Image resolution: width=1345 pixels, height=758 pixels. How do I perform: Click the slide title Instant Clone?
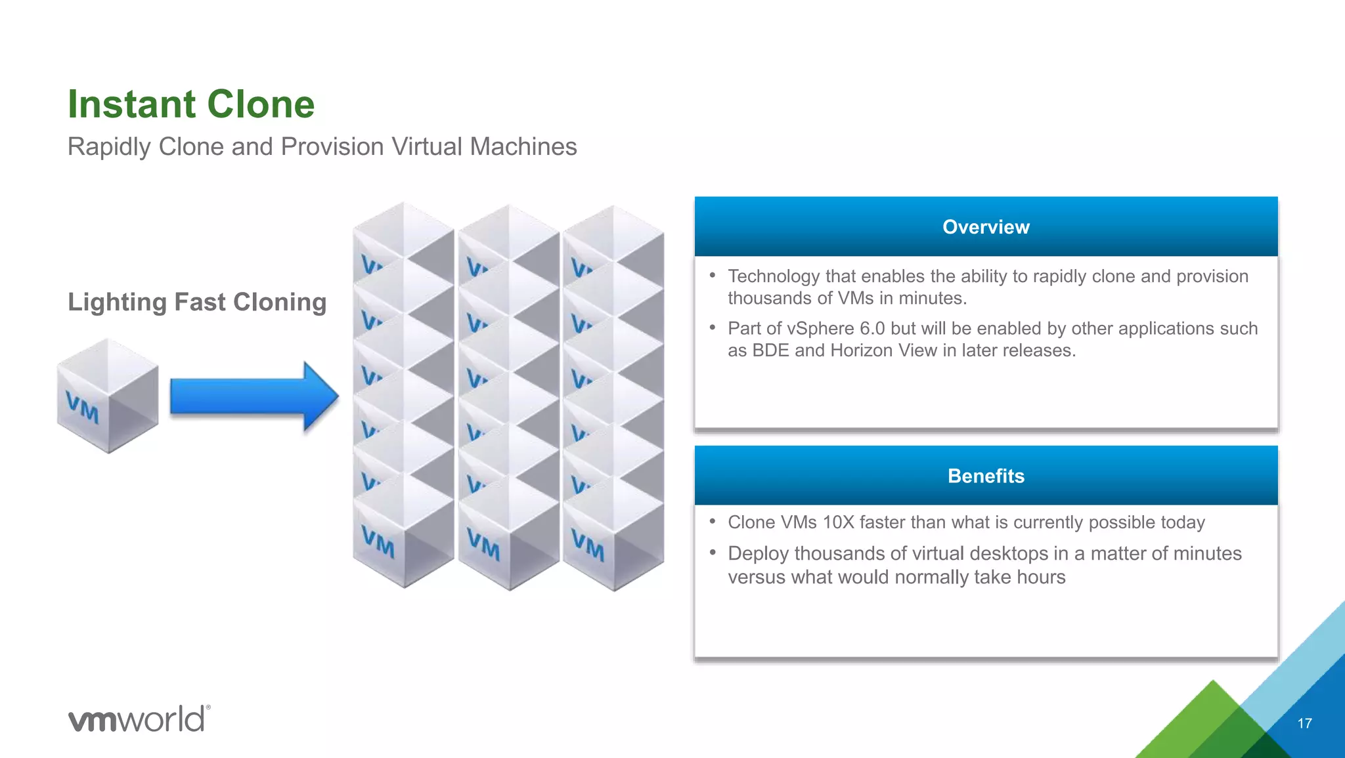[x=191, y=104]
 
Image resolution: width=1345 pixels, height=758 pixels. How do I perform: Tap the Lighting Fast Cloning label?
[x=197, y=302]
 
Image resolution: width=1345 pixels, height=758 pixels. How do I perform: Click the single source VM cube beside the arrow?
[x=108, y=396]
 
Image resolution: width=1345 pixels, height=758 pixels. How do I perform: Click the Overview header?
[x=986, y=227]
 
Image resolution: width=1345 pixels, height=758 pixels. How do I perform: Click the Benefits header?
[x=986, y=476]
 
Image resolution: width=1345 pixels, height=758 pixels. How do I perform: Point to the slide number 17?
[x=1304, y=723]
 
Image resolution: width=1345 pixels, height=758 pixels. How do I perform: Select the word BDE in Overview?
[x=770, y=350]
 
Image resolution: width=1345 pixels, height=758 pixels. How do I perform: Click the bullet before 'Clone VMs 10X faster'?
[x=713, y=522]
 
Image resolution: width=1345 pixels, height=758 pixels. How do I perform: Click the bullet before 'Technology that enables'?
[x=713, y=276]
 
